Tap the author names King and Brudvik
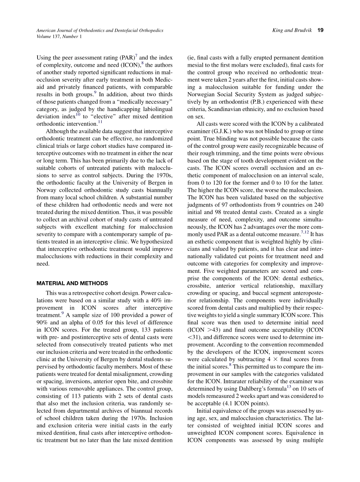(292, 30)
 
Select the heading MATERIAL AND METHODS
(72, 283)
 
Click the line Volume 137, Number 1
(59, 36)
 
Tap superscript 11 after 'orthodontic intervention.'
(100, 122)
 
